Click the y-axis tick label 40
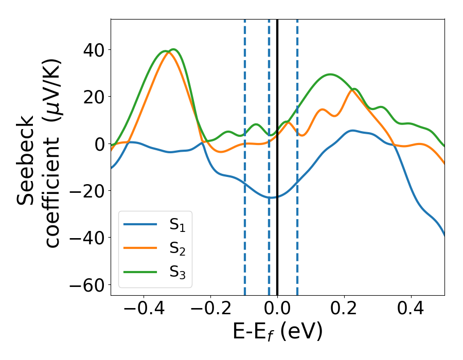coord(93,50)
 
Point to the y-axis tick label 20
coord(93,97)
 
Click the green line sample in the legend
coord(140,272)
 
